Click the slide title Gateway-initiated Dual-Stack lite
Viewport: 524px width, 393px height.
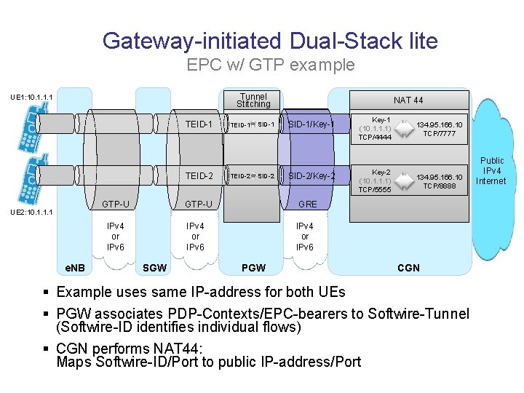(x=270, y=40)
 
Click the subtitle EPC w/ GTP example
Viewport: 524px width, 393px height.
(x=271, y=65)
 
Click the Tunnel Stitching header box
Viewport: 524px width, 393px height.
(x=253, y=100)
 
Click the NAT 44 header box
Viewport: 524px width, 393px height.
(x=408, y=100)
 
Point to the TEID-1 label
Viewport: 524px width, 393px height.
(x=199, y=124)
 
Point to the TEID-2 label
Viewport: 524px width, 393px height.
(x=199, y=176)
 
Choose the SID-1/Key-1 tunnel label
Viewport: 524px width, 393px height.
(x=311, y=124)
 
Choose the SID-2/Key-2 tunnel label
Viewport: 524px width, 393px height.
(x=311, y=176)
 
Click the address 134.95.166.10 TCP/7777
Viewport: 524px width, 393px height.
(x=439, y=129)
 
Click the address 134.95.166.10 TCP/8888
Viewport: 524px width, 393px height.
(x=439, y=181)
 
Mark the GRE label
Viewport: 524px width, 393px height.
(x=308, y=204)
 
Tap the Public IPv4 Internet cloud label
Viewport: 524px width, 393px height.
(x=492, y=170)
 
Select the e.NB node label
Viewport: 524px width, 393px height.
(x=75, y=268)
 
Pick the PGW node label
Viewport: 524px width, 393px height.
(x=253, y=268)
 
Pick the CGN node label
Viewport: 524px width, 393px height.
(x=408, y=268)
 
